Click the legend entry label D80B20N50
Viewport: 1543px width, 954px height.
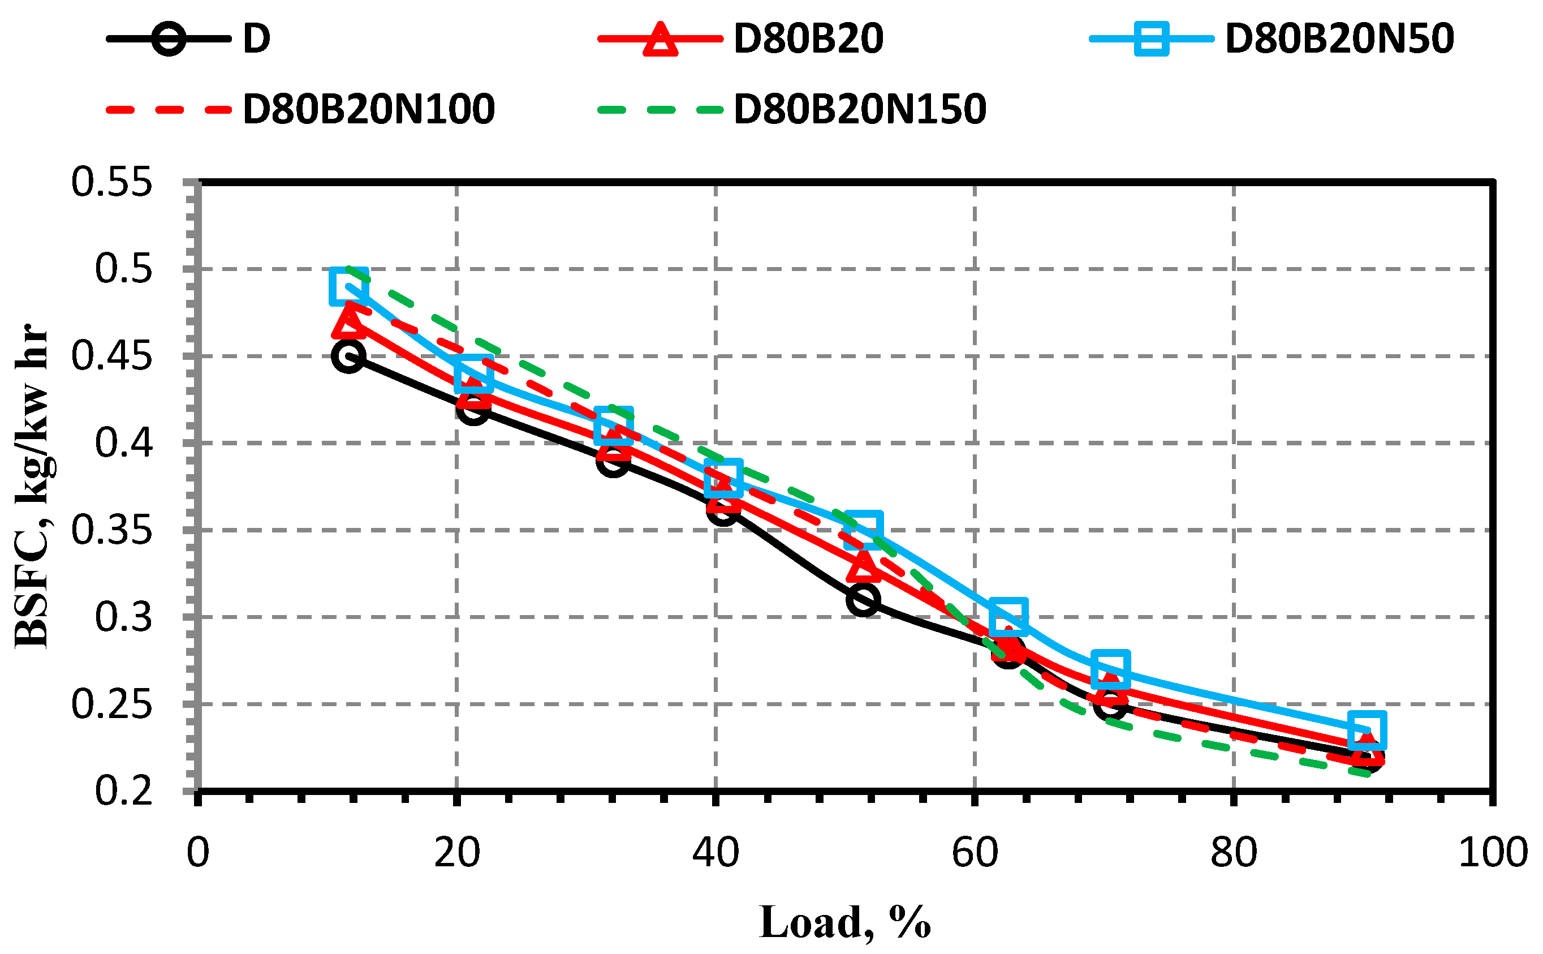pos(1339,39)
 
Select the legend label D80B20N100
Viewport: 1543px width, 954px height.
pos(368,110)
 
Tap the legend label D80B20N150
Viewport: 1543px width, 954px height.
pos(860,110)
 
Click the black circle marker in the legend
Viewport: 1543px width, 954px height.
pos(169,39)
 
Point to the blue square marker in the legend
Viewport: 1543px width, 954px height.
pos(1151,39)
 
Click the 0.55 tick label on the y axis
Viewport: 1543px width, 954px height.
pos(111,183)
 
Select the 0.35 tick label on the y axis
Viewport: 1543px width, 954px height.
pos(111,530)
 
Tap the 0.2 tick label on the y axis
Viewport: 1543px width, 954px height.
pos(124,790)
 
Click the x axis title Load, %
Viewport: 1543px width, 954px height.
pos(844,923)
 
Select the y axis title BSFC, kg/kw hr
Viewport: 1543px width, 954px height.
pos(32,486)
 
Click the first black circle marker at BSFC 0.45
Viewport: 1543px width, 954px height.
pos(348,356)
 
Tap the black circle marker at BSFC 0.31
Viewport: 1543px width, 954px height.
pos(863,599)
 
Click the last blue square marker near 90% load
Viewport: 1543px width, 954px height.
pos(1367,730)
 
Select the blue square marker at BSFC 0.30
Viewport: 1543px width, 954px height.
pos(1008,616)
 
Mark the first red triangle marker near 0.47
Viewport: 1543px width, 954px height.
pos(348,320)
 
